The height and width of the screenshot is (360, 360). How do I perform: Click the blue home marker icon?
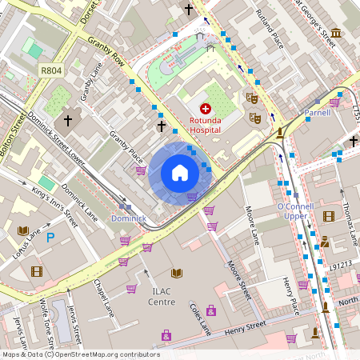180,173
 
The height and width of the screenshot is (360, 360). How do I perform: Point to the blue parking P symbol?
50,237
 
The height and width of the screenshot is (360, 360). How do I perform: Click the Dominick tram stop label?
128,218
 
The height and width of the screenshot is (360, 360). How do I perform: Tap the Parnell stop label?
317,114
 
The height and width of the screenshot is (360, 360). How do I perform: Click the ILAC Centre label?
162,296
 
